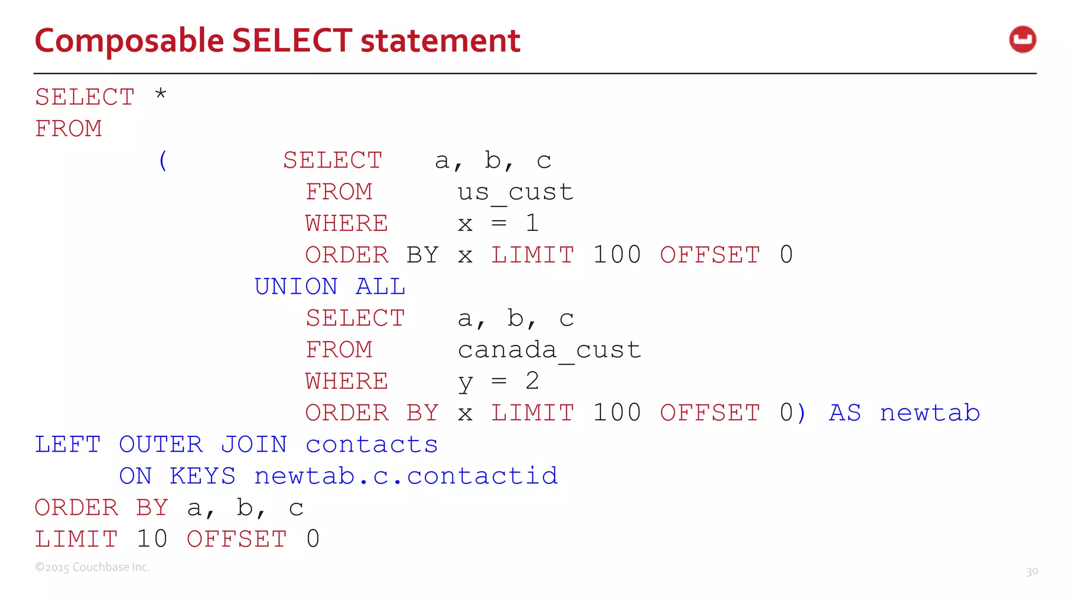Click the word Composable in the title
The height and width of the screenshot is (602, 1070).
[129, 41]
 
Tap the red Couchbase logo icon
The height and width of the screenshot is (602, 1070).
[1022, 40]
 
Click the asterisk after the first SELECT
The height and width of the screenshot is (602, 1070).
[160, 95]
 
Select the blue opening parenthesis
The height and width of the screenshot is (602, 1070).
[163, 160]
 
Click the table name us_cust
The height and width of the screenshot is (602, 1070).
[515, 192]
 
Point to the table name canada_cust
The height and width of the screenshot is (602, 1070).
[549, 350]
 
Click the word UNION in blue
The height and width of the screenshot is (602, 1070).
[296, 287]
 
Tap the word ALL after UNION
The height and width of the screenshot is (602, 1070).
[380, 287]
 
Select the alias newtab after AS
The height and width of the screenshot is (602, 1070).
[929, 413]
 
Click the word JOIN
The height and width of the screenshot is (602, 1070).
[254, 445]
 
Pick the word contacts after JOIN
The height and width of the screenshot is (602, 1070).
[371, 445]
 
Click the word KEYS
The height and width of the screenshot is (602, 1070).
[203, 476]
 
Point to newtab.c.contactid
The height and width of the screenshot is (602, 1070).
[406, 476]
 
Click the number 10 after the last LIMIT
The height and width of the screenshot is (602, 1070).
[152, 539]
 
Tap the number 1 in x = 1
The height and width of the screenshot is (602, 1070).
[532, 224]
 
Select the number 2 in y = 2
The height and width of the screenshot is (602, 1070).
[532, 381]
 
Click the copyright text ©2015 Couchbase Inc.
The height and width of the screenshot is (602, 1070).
[92, 568]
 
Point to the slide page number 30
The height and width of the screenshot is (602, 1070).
[1032, 572]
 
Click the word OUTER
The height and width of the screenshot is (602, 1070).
[160, 445]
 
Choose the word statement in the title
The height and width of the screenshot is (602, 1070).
[440, 41]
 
